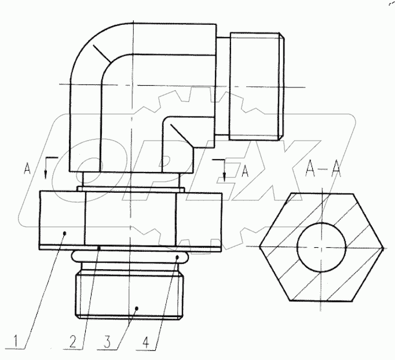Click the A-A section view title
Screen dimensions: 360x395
pos(321,170)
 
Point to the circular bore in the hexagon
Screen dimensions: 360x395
pos(321,247)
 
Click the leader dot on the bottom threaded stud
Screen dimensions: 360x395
pos(136,307)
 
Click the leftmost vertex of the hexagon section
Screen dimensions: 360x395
pos(260,247)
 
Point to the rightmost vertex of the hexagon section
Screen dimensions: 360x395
pos(383,247)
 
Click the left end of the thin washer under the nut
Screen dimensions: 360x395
pos(41,247)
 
